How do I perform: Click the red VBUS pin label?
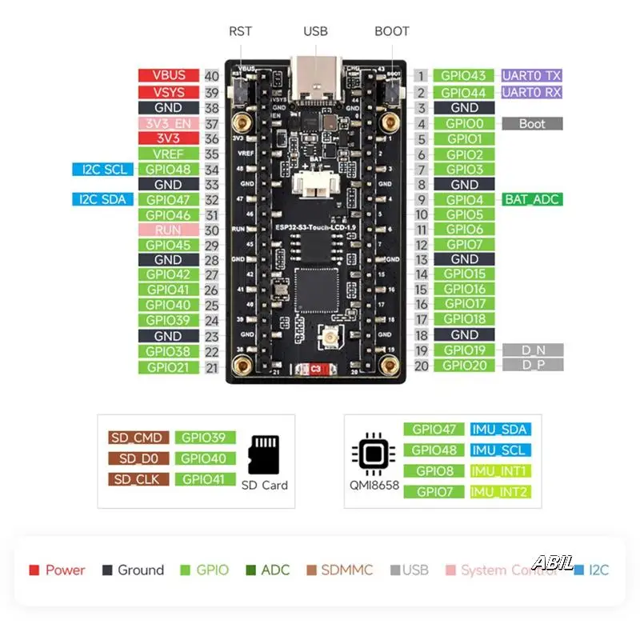tap(168, 76)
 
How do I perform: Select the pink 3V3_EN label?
tap(168, 123)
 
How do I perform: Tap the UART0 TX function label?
tap(532, 76)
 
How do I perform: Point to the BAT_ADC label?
tap(532, 199)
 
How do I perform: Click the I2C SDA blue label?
tap(102, 199)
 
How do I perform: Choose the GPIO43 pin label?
tap(465, 76)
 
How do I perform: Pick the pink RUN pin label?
tap(168, 230)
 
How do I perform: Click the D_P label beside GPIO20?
tap(532, 365)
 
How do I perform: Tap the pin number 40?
tap(212, 76)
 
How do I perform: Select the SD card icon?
tap(265, 455)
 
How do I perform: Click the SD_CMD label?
tap(138, 438)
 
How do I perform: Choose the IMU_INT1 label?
tap(500, 470)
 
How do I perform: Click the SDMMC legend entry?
tap(340, 570)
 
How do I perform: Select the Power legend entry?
tap(57, 570)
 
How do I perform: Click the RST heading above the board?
tap(240, 31)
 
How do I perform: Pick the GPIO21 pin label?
tap(168, 367)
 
